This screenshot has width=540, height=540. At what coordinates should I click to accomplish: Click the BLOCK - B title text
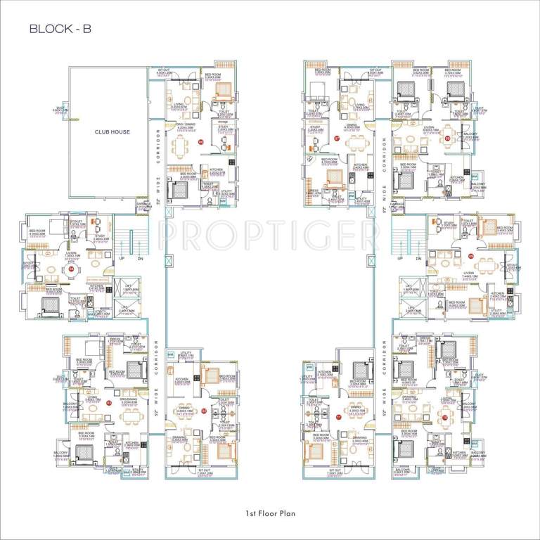coord(60,29)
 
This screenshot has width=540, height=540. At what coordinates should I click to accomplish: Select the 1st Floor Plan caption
coord(270,514)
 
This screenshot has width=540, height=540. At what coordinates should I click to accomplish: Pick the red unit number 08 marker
coord(448,139)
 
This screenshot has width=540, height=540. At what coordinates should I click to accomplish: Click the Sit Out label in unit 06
coord(163,72)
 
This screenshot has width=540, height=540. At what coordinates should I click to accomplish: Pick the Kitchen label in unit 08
coord(456,179)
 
